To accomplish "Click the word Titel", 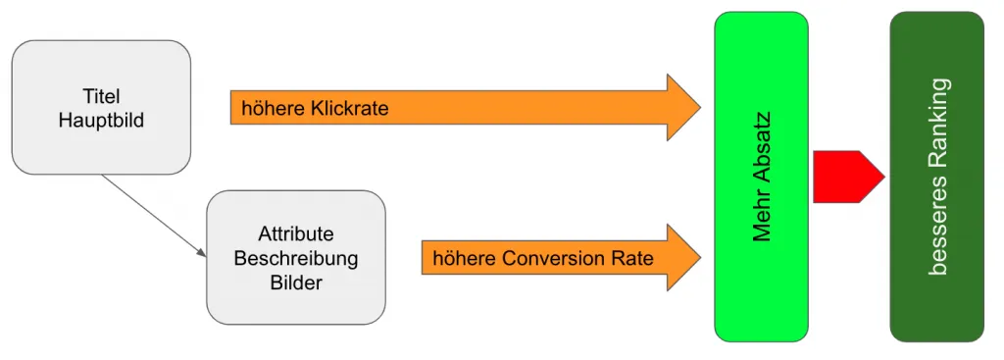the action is click(x=101, y=97).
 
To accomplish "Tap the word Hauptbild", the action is click(x=101, y=121).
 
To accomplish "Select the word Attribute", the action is click(x=296, y=234).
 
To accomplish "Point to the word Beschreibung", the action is click(x=296, y=259).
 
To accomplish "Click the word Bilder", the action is click(x=296, y=283).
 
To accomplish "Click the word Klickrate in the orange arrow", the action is click(x=350, y=108).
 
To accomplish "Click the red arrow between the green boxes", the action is click(x=848, y=177).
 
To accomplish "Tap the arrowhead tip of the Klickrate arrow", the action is click(x=700, y=108).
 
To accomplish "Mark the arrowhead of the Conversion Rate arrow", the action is click(x=683, y=258).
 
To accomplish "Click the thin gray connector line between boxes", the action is click(x=154, y=216).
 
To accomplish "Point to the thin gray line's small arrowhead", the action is click(x=202, y=254).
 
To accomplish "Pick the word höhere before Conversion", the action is click(x=464, y=259).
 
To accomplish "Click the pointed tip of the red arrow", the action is click(x=885, y=177).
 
